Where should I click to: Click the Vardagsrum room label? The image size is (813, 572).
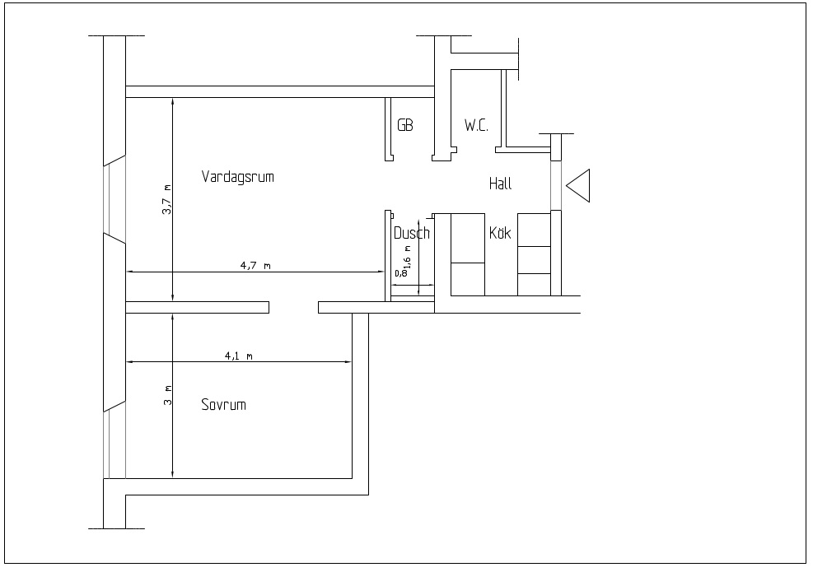pyautogui.click(x=237, y=177)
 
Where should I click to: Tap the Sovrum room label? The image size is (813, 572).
pyautogui.click(x=223, y=405)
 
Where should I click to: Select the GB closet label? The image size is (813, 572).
pyautogui.click(x=404, y=125)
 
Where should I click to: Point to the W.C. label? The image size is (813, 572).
pyautogui.click(x=476, y=125)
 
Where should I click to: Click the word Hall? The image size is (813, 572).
pyautogui.click(x=500, y=184)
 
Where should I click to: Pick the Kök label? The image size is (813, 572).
pyautogui.click(x=500, y=233)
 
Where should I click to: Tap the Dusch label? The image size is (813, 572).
pyautogui.click(x=411, y=233)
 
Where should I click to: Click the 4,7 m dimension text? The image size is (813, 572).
pyautogui.click(x=255, y=266)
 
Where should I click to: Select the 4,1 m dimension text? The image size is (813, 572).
pyautogui.click(x=239, y=356)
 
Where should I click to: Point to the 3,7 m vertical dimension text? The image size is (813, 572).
pyautogui.click(x=166, y=200)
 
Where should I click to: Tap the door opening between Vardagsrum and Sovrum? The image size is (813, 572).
pyautogui.click(x=293, y=308)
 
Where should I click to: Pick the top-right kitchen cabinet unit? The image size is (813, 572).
pyautogui.click(x=533, y=229)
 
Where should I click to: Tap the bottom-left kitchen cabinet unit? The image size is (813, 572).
pyautogui.click(x=467, y=279)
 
